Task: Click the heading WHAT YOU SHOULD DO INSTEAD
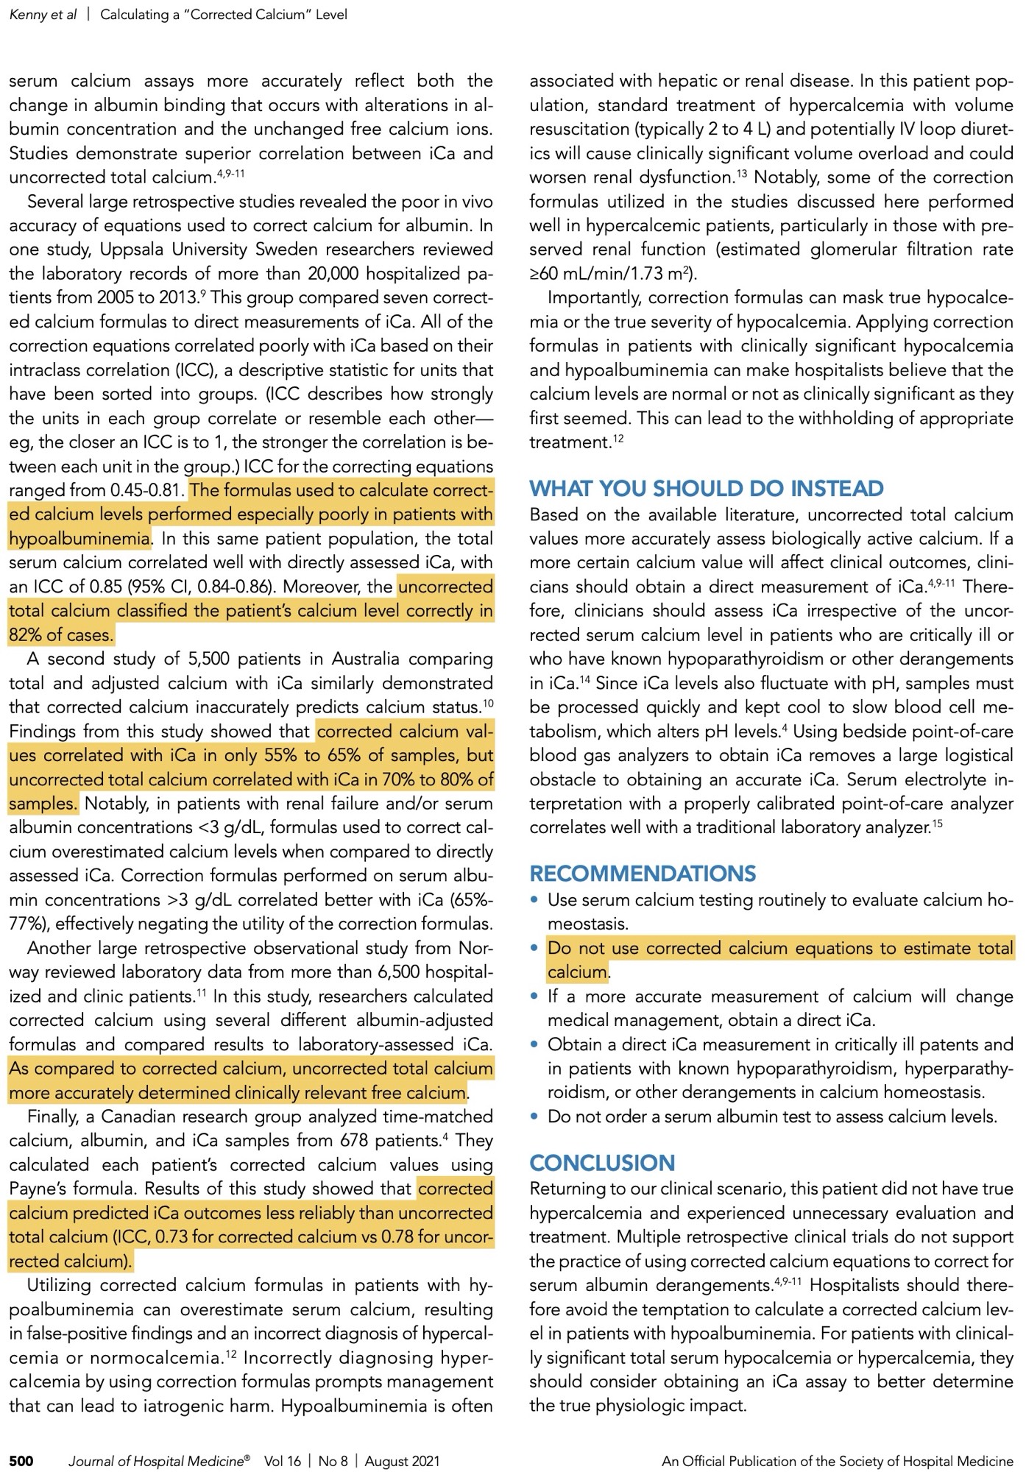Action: point(707,489)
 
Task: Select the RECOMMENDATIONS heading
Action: point(643,874)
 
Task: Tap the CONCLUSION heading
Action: point(602,1163)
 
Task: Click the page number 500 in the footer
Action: point(21,1461)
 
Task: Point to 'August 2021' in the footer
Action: point(402,1461)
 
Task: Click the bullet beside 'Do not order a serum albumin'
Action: point(535,1117)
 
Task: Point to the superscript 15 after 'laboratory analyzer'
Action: point(937,822)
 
